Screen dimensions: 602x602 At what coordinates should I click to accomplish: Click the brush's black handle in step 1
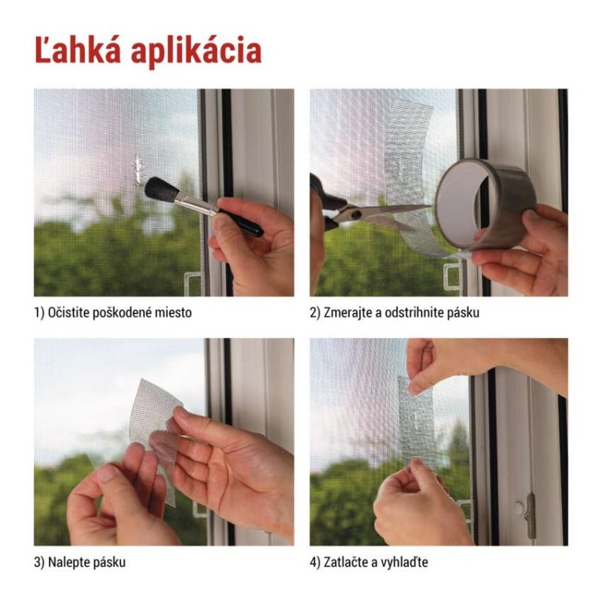pyautogui.click(x=241, y=222)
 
